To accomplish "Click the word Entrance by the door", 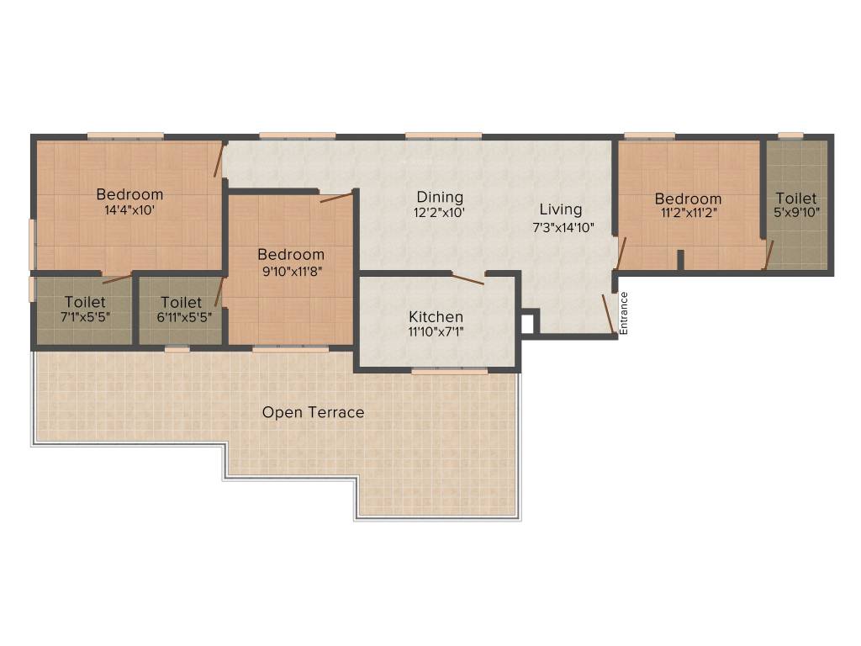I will click(x=624, y=314).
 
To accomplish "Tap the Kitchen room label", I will click(x=436, y=317).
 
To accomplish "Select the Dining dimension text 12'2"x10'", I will click(x=440, y=213).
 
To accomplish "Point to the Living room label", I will click(x=560, y=209).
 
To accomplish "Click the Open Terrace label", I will click(x=313, y=412).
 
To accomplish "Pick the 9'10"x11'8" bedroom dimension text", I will click(x=291, y=271).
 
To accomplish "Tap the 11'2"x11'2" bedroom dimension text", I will click(x=689, y=214).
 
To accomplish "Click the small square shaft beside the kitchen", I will click(x=528, y=323).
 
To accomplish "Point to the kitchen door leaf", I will click(x=467, y=279).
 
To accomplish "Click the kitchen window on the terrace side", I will click(x=449, y=370).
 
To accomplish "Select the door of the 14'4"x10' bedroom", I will click(x=219, y=159).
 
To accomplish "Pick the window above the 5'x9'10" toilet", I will click(x=790, y=135).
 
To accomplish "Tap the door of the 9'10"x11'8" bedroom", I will click(x=337, y=198).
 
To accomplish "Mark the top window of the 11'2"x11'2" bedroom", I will click(x=649, y=135).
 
